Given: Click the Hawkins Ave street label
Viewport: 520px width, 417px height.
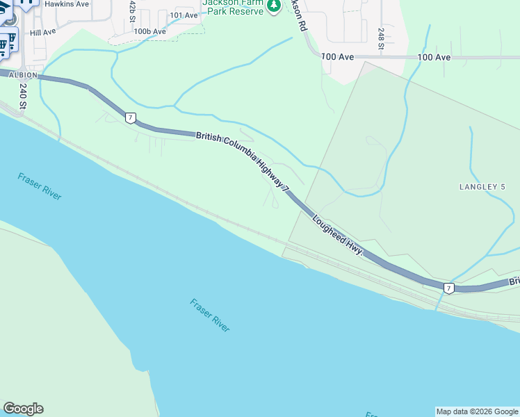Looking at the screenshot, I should tap(66, 3).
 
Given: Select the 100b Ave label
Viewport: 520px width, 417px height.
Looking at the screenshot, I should tap(150, 31).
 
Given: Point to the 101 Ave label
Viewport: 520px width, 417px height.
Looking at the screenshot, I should tap(184, 15).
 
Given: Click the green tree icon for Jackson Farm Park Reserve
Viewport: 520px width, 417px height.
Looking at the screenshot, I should tap(275, 6).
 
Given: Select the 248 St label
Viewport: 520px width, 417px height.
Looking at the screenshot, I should tap(381, 38).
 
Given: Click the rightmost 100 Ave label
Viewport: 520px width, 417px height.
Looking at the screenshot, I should tap(434, 57).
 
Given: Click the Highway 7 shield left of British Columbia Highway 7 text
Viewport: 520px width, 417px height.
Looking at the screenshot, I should tap(131, 117).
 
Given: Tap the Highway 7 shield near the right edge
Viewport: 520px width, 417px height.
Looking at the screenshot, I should tap(449, 288).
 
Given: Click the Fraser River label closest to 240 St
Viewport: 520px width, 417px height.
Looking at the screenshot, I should tap(40, 186).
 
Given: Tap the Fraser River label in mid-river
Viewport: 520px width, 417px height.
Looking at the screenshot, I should tap(209, 315).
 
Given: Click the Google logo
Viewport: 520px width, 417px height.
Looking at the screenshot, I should tap(23, 409).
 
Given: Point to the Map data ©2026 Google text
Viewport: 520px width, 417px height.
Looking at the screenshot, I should tap(476, 411).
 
